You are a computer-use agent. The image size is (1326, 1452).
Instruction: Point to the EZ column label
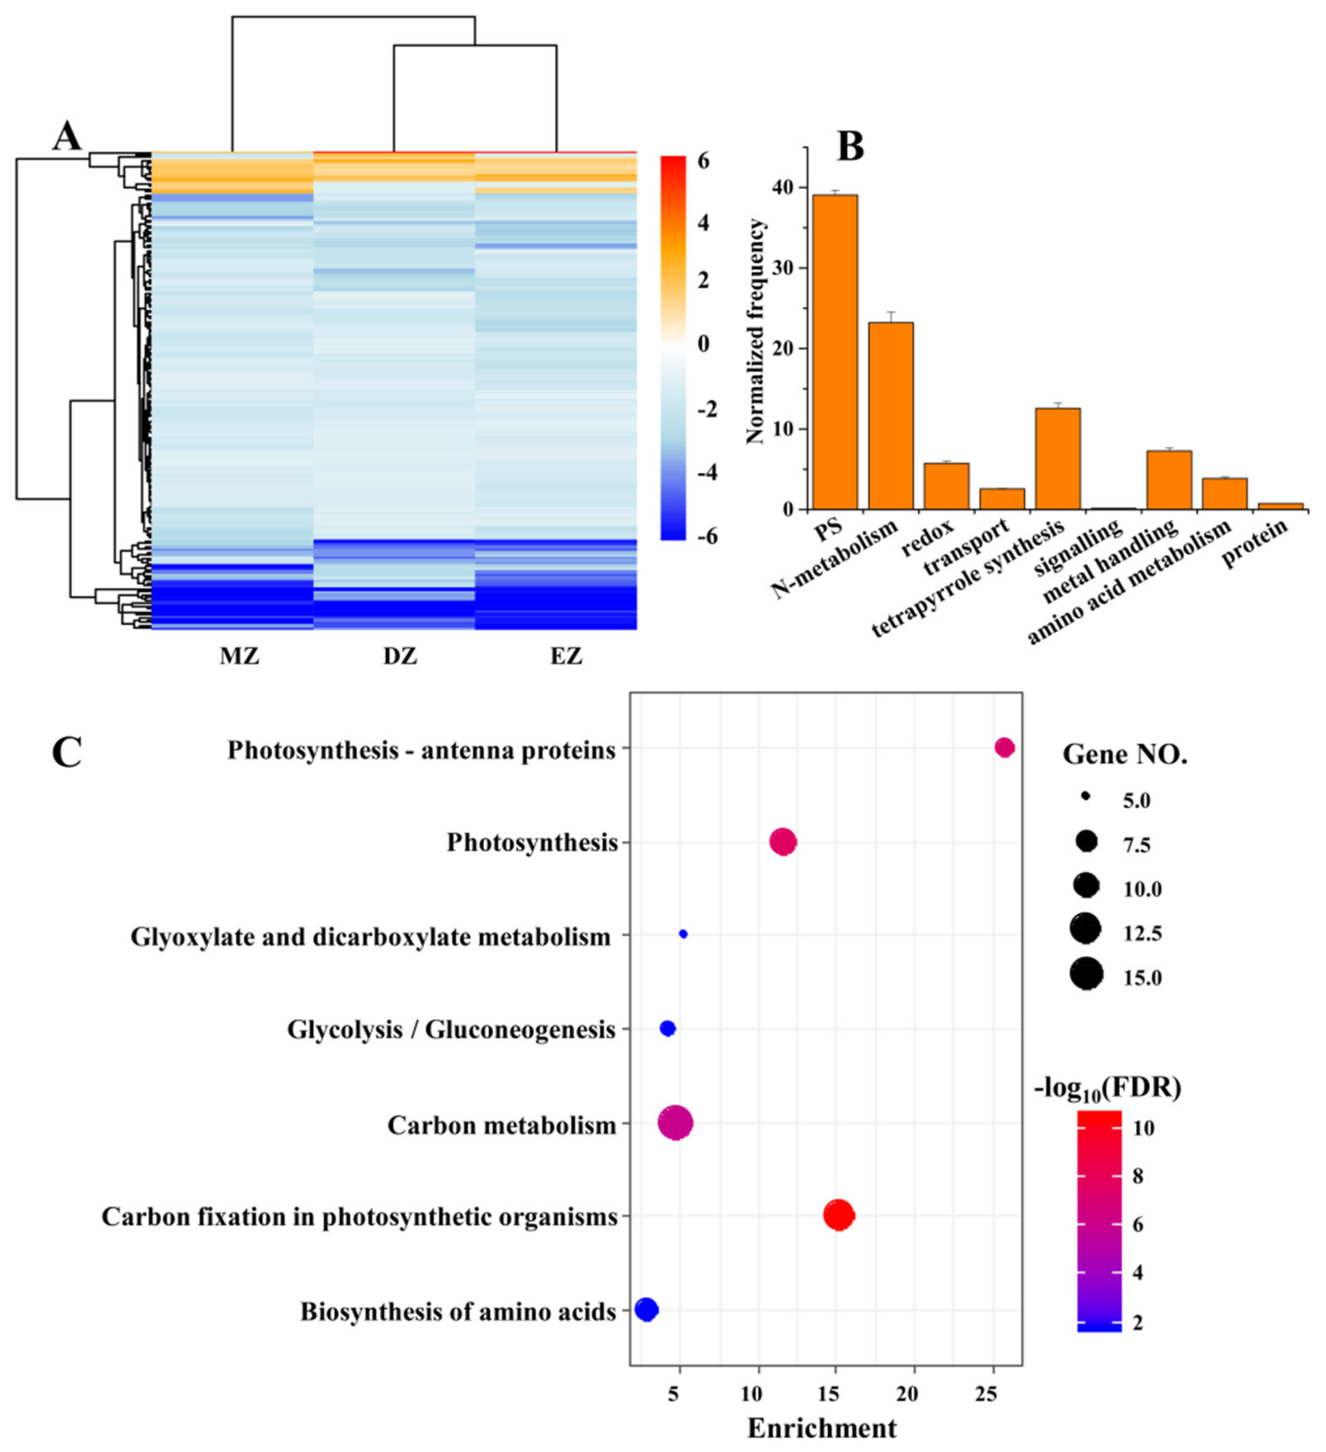coord(566,657)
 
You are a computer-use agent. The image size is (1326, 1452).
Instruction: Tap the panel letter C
coord(66,752)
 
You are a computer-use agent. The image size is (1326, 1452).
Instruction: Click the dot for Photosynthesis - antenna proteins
coord(1005,748)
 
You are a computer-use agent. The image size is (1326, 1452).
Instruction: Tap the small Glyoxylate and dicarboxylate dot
coord(683,934)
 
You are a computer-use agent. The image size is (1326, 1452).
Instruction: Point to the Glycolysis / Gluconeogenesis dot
coord(667,1028)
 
